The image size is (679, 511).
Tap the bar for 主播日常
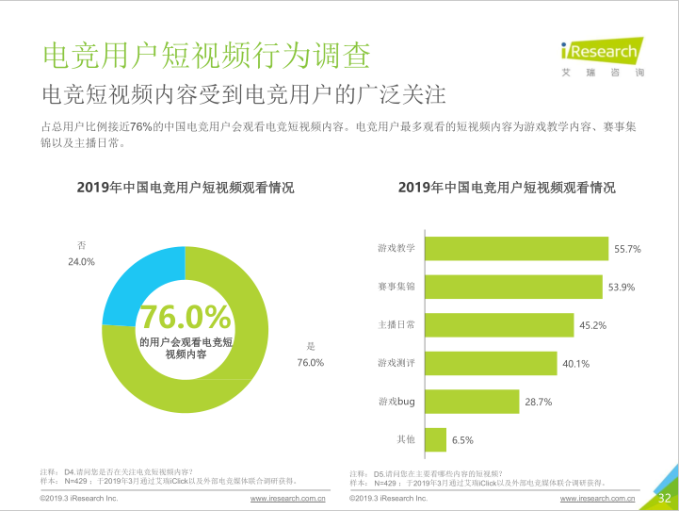(x=499, y=325)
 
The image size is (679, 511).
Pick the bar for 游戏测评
(x=490, y=363)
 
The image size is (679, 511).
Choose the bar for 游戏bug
(x=472, y=402)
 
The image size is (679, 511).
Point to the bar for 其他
(x=435, y=439)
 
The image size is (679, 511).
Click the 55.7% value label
(x=627, y=250)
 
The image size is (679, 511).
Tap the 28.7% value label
(x=539, y=403)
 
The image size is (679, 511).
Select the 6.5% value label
(x=462, y=440)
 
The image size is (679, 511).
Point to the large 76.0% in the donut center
(x=186, y=317)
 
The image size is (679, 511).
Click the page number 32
(x=664, y=498)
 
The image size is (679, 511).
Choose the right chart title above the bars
(x=507, y=188)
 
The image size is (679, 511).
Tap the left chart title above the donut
(x=186, y=188)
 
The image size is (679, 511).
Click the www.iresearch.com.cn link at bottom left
(x=287, y=498)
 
